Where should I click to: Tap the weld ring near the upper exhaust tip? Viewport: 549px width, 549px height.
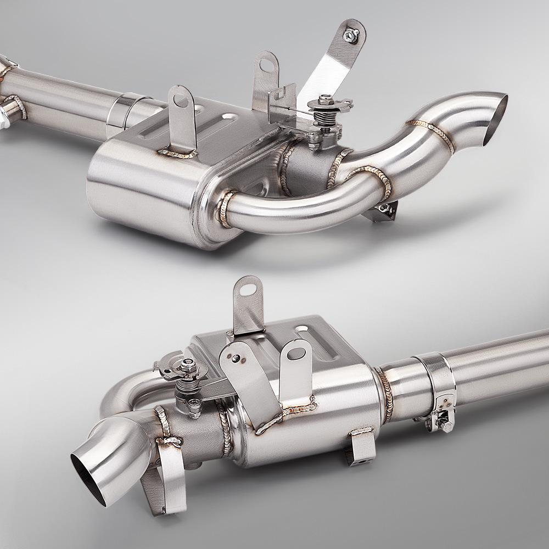pos(434,132)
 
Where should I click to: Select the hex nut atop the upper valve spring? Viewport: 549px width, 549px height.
pos(324,100)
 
